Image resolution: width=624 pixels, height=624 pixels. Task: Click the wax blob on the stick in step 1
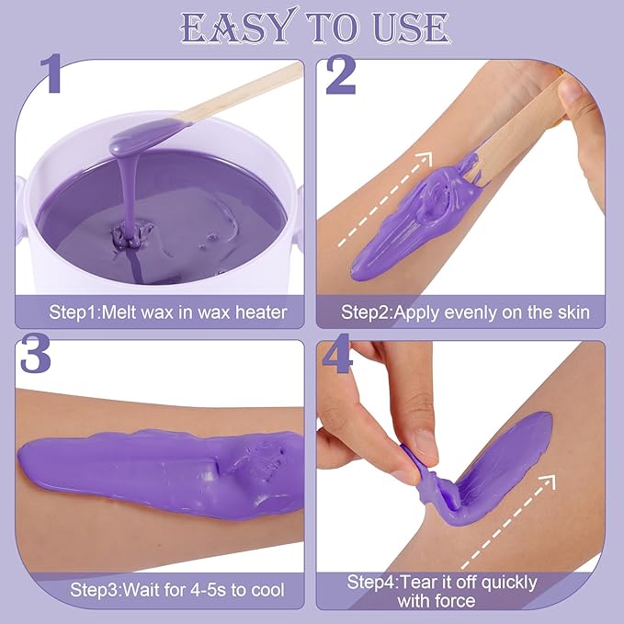tap(138, 140)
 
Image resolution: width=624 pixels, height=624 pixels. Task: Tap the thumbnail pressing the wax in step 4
tap(425, 444)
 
